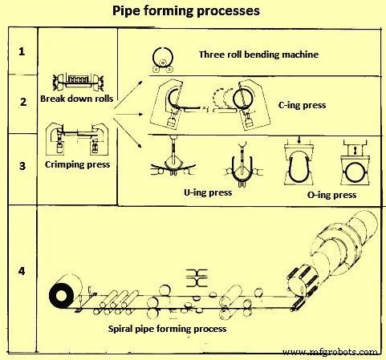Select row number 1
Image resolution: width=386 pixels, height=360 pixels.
pyautogui.click(x=23, y=51)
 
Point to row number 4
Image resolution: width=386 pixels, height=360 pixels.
pyautogui.click(x=23, y=269)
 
